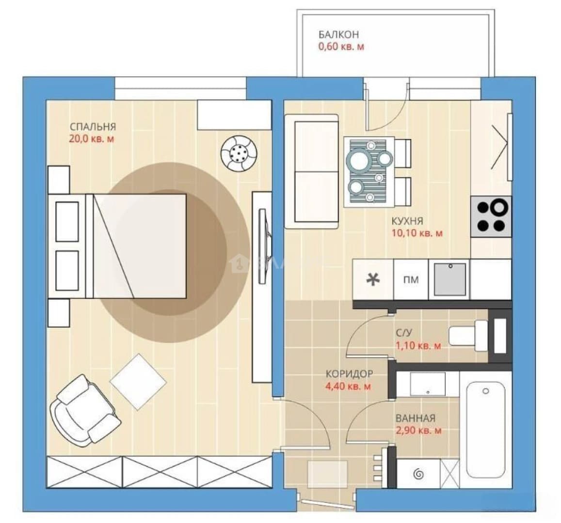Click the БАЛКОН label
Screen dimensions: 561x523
coord(338,35)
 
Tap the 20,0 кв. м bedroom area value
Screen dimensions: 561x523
coord(92,138)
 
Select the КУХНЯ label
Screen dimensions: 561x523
coord(407,221)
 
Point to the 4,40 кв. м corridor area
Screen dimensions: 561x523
coord(348,386)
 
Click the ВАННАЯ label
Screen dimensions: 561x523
coord(416,418)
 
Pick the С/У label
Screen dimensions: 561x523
coord(404,333)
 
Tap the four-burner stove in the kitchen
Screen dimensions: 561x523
coord(491,216)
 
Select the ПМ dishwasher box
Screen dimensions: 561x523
coord(411,279)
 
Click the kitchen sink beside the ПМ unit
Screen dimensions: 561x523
coord(450,279)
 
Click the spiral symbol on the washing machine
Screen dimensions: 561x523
coord(418,475)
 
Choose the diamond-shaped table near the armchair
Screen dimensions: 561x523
coord(138,382)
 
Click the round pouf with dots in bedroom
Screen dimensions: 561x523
coord(239,154)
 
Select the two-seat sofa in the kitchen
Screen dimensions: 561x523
coord(312,171)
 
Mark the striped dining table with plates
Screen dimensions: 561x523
coord(369,172)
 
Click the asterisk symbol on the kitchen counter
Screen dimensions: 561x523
coord(373,279)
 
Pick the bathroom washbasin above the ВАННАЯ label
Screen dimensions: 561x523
coord(428,384)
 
